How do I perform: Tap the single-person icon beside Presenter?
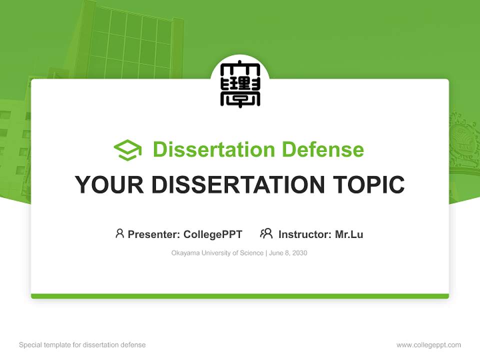(x=119, y=233)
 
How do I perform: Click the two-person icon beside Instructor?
(x=266, y=233)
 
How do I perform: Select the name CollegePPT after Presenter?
(x=213, y=234)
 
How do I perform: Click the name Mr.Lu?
(x=349, y=234)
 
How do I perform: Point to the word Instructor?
(x=305, y=234)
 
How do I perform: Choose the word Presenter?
(x=154, y=234)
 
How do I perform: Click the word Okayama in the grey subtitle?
(x=185, y=253)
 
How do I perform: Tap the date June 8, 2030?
(x=288, y=253)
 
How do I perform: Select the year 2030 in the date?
(x=299, y=253)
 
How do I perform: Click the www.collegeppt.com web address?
(x=428, y=345)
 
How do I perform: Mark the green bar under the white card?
(x=240, y=296)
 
